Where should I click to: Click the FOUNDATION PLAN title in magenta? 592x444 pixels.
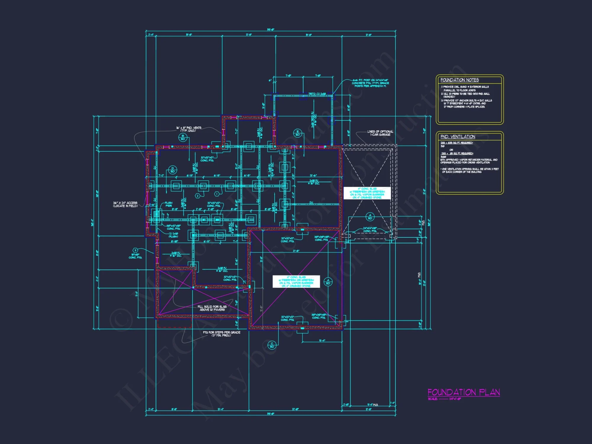click(x=464, y=392)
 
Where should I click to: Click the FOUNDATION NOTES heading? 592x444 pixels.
click(x=459, y=80)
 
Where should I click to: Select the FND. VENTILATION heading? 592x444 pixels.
click(x=458, y=137)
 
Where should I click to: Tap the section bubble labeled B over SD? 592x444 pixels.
click(x=183, y=137)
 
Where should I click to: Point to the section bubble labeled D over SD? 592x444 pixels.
click(x=173, y=170)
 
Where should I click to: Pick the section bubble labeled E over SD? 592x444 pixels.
click(x=297, y=133)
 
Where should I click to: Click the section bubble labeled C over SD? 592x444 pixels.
click(x=272, y=345)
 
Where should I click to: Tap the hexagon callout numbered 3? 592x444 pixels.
click(x=135, y=250)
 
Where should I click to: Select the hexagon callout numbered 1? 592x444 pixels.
click(x=217, y=194)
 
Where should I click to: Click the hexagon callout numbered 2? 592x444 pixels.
click(x=198, y=196)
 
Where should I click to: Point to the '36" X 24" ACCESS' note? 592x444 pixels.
click(x=125, y=204)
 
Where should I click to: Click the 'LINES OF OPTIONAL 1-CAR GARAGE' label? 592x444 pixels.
click(x=380, y=133)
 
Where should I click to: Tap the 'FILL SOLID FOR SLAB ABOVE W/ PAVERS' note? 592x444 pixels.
click(x=212, y=308)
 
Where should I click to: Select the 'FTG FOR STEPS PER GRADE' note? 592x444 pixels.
click(x=221, y=334)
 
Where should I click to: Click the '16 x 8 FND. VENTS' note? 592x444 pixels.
click(x=189, y=129)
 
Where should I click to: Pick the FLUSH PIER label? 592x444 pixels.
click(x=168, y=204)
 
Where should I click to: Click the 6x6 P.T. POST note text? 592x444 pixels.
click(x=370, y=83)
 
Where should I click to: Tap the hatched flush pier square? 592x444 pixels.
click(x=156, y=214)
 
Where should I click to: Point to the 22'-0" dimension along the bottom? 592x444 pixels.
click(x=295, y=409)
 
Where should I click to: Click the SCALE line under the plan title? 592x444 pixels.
click(x=444, y=399)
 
